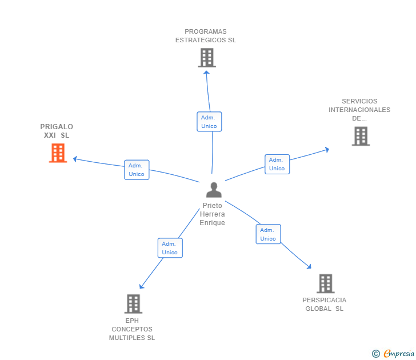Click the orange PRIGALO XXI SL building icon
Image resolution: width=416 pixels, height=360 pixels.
pyautogui.click(x=58, y=153)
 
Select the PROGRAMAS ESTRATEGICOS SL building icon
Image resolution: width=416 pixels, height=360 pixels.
pyautogui.click(x=207, y=58)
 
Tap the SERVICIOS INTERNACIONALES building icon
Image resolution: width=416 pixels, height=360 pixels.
pyautogui.click(x=361, y=136)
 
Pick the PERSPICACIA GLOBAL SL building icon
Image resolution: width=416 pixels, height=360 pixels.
pyautogui.click(x=325, y=283)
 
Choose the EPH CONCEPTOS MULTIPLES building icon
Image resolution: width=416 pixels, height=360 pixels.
pyautogui.click(x=133, y=303)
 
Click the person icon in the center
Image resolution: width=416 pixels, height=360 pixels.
pyautogui.click(x=214, y=190)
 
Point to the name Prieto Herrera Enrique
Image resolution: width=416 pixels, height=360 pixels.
pyautogui.click(x=213, y=214)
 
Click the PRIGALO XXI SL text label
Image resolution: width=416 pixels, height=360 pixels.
pyautogui.click(x=57, y=131)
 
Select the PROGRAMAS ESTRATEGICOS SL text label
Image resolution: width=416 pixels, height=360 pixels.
pyautogui.click(x=206, y=36)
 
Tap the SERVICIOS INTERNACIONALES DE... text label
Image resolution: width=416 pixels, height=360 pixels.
pyautogui.click(x=359, y=110)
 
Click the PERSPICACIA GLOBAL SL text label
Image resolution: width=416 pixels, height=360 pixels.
pyautogui.click(x=325, y=304)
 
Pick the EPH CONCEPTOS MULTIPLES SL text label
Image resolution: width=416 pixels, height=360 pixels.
pyautogui.click(x=132, y=329)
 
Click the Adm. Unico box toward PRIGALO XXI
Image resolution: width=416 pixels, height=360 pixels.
pyautogui.click(x=137, y=170)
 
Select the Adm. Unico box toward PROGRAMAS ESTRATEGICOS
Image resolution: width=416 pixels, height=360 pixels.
pyautogui.click(x=209, y=122)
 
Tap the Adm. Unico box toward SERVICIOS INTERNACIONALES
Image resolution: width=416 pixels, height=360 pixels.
pyautogui.click(x=277, y=164)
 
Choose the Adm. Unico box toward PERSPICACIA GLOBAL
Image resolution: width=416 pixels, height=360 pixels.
pyautogui.click(x=268, y=234)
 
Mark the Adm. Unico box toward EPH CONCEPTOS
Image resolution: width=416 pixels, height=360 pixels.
pyautogui.click(x=170, y=248)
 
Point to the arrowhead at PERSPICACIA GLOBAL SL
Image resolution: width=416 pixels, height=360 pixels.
pyautogui.click(x=309, y=266)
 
